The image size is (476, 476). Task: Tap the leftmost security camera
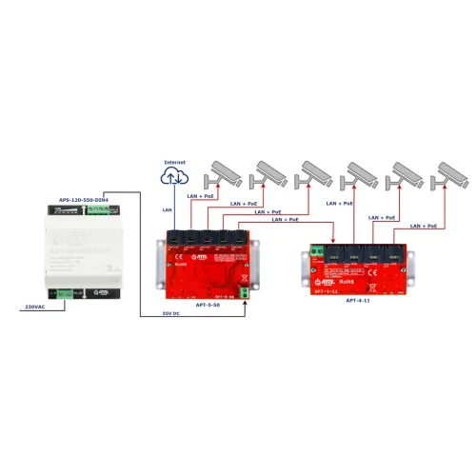tap(227, 171)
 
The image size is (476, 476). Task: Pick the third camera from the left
tap(317, 171)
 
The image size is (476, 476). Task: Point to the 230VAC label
tap(34, 307)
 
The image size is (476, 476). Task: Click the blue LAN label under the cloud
tap(168, 208)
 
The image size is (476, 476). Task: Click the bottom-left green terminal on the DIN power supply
tap(64, 294)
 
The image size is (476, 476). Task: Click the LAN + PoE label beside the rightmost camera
tap(423, 227)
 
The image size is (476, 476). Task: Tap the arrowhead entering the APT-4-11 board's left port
tap(333, 245)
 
